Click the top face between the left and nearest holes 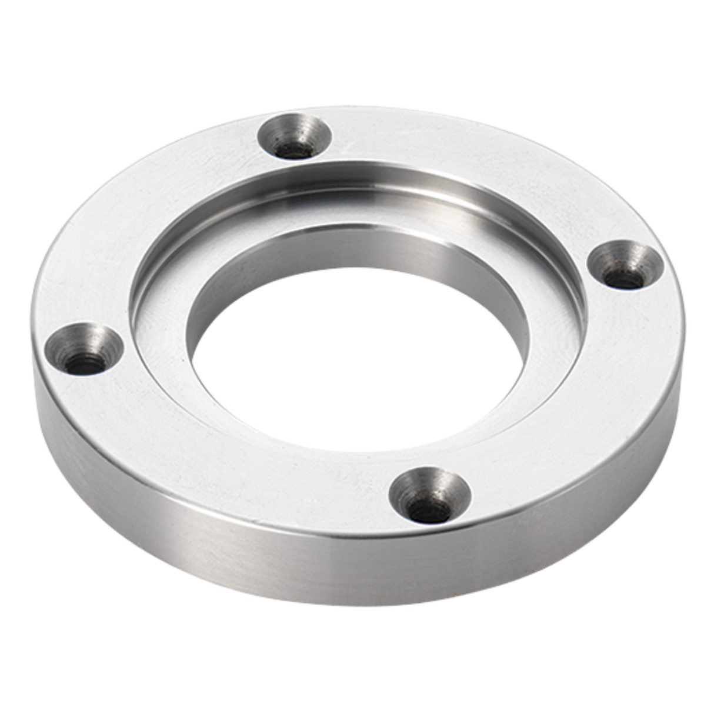(x=223, y=453)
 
